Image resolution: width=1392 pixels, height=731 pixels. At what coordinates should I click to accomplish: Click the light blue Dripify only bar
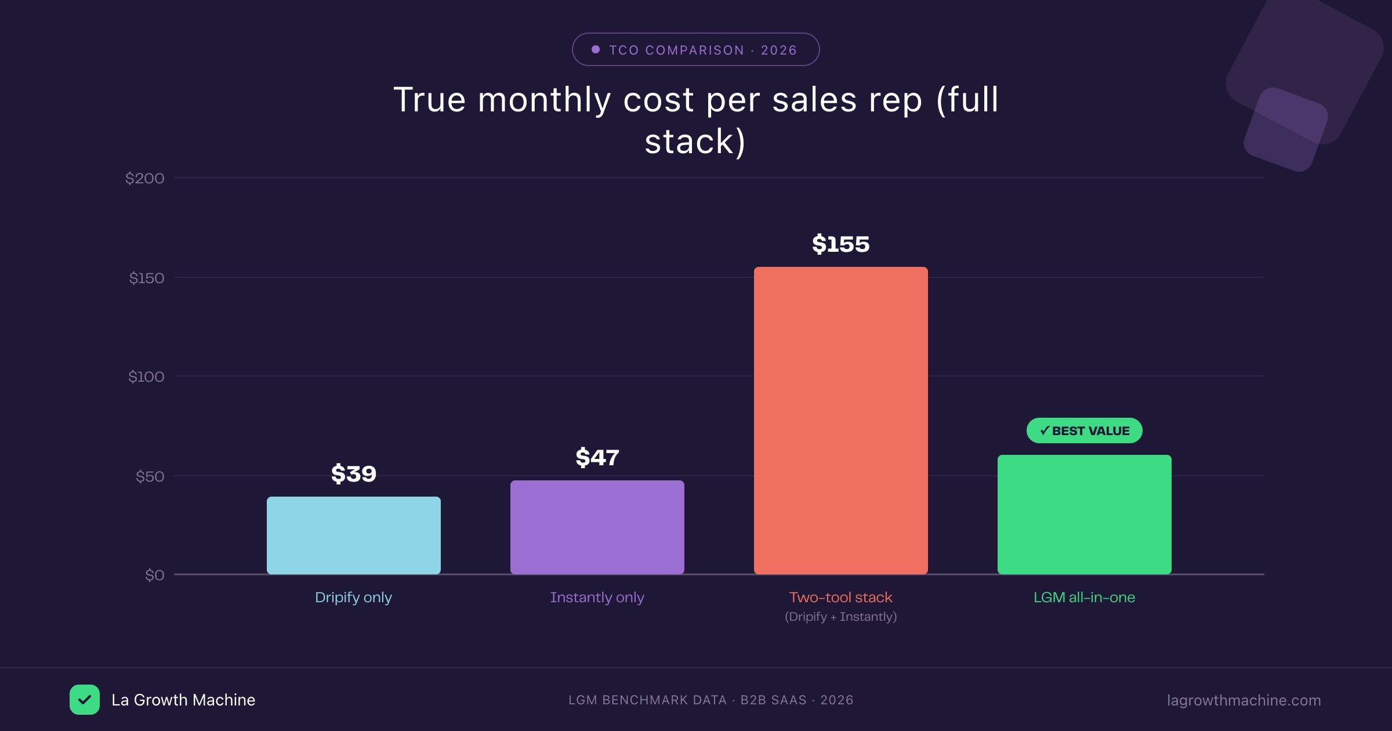(354, 535)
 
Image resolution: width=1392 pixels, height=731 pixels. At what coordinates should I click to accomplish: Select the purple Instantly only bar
(597, 527)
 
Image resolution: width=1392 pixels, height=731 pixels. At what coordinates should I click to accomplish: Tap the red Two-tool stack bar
(841, 420)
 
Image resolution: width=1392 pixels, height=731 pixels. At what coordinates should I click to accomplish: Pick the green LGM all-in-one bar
(1085, 514)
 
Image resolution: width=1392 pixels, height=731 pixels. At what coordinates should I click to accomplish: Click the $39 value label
(354, 474)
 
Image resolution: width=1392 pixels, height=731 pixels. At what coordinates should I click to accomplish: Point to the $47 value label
(597, 458)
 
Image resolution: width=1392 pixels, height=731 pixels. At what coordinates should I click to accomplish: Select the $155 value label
(841, 244)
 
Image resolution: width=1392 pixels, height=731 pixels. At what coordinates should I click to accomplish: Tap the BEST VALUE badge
(1085, 430)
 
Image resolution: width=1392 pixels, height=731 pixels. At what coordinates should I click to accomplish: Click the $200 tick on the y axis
(145, 178)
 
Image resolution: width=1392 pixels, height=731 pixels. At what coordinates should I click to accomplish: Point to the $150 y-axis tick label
(147, 278)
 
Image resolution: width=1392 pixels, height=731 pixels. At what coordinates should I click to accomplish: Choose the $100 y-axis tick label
(146, 377)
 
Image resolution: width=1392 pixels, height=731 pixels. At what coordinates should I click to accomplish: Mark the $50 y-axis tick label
(150, 476)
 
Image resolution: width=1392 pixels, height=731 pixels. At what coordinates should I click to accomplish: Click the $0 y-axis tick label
(154, 575)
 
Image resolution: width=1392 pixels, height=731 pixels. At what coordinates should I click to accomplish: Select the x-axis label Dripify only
(354, 598)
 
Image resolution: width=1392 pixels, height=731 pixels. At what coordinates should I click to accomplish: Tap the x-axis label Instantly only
(597, 598)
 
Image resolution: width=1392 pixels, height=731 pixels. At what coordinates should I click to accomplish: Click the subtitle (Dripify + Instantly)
(841, 617)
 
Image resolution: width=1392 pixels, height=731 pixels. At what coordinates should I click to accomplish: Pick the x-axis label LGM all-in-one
(1085, 598)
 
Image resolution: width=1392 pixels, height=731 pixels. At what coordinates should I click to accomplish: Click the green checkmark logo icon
(85, 700)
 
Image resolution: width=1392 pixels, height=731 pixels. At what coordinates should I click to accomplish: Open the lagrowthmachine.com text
(1244, 700)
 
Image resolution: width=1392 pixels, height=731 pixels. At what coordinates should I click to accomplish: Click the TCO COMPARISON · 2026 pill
(695, 50)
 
